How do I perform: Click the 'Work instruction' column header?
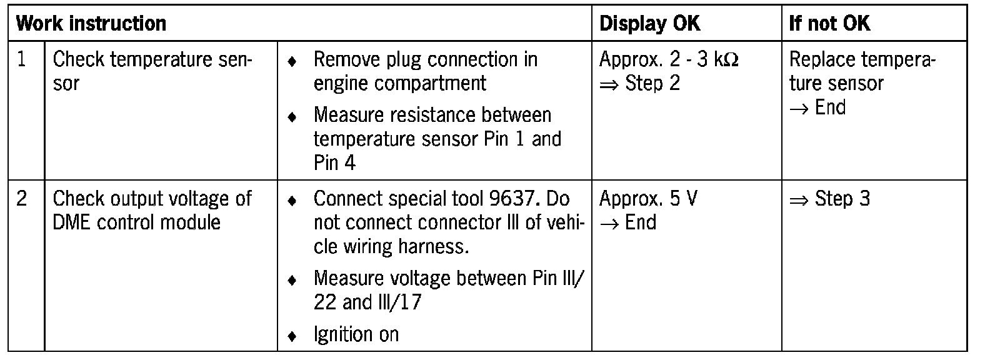point(91,24)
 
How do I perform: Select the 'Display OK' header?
point(649,24)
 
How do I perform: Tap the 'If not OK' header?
point(829,24)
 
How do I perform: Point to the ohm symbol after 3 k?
point(731,60)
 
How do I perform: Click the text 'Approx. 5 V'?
point(648,199)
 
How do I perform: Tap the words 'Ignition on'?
point(356,334)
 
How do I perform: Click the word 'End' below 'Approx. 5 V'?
point(641,222)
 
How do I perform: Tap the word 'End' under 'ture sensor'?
point(830,107)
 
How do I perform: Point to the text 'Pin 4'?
point(334,162)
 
